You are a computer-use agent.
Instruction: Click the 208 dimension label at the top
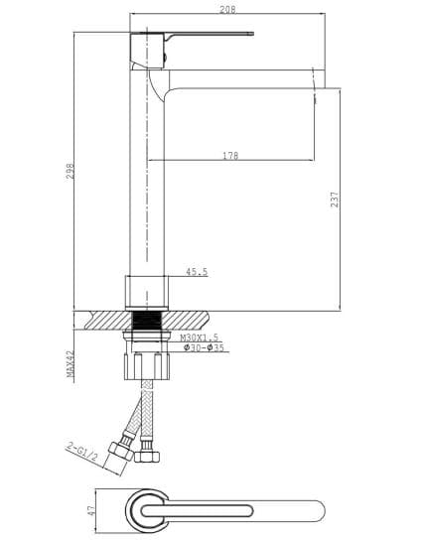coord(227,9)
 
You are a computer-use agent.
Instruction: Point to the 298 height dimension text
coord(70,171)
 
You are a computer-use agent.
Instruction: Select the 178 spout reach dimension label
coord(230,156)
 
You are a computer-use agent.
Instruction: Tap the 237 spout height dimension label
coord(335,200)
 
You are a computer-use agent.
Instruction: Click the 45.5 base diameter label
coord(197,272)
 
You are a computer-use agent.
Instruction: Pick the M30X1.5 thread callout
coord(199,338)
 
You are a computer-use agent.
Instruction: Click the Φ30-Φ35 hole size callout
coord(204,347)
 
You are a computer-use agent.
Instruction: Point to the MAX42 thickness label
coord(70,363)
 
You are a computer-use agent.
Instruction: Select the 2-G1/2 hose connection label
coord(82,453)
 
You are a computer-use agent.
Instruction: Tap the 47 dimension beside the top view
coord(91,510)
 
